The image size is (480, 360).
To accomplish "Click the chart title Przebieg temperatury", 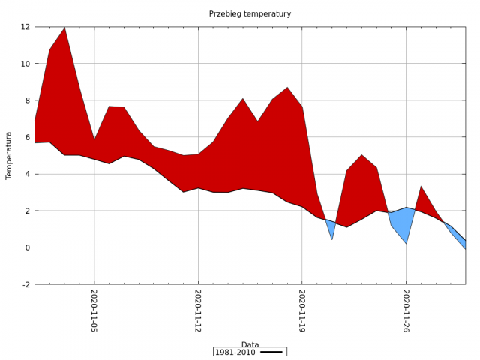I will pyautogui.click(x=250, y=13).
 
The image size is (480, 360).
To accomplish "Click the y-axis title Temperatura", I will pyautogui.click(x=9, y=155).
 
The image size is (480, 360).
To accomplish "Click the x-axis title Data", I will pyautogui.click(x=250, y=345).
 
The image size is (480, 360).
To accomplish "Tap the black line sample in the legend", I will pyautogui.click(x=271, y=352).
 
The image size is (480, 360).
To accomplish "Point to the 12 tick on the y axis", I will pyautogui.click(x=25, y=27).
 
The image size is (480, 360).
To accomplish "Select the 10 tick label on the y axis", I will pyautogui.click(x=25, y=64).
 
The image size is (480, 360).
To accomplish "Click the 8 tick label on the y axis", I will pyautogui.click(x=28, y=100).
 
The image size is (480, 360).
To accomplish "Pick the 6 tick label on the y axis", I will pyautogui.click(x=28, y=137).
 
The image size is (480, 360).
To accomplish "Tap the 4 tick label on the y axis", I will pyautogui.click(x=28, y=174).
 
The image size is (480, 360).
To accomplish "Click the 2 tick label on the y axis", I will pyautogui.click(x=28, y=211).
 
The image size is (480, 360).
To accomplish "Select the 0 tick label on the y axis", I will pyautogui.click(x=28, y=247).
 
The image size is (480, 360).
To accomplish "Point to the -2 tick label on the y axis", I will pyautogui.click(x=25, y=284).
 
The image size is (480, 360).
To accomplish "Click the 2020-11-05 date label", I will pyautogui.click(x=94, y=310).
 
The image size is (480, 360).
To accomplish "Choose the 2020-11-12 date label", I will pyautogui.click(x=198, y=310).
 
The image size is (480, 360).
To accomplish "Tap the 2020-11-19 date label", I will pyautogui.click(x=302, y=310).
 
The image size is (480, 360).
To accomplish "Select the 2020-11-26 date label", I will pyautogui.click(x=406, y=310).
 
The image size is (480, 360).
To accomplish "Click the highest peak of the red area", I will pyautogui.click(x=64, y=30).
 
